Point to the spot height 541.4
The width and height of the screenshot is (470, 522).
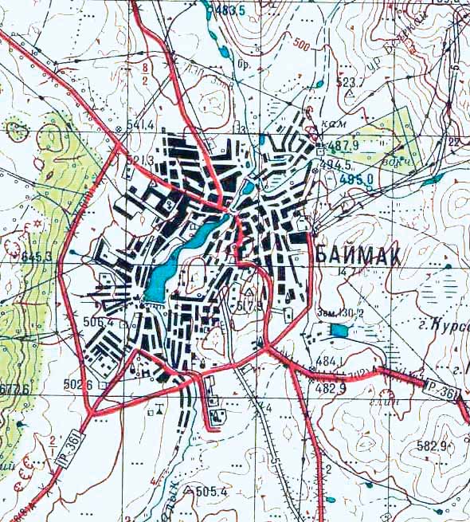(x=139, y=125)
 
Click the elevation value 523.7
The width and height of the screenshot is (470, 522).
(x=350, y=82)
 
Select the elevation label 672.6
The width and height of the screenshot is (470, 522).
(x=15, y=390)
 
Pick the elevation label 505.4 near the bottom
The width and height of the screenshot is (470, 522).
(x=211, y=491)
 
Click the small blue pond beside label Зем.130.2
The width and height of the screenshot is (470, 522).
(x=339, y=330)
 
